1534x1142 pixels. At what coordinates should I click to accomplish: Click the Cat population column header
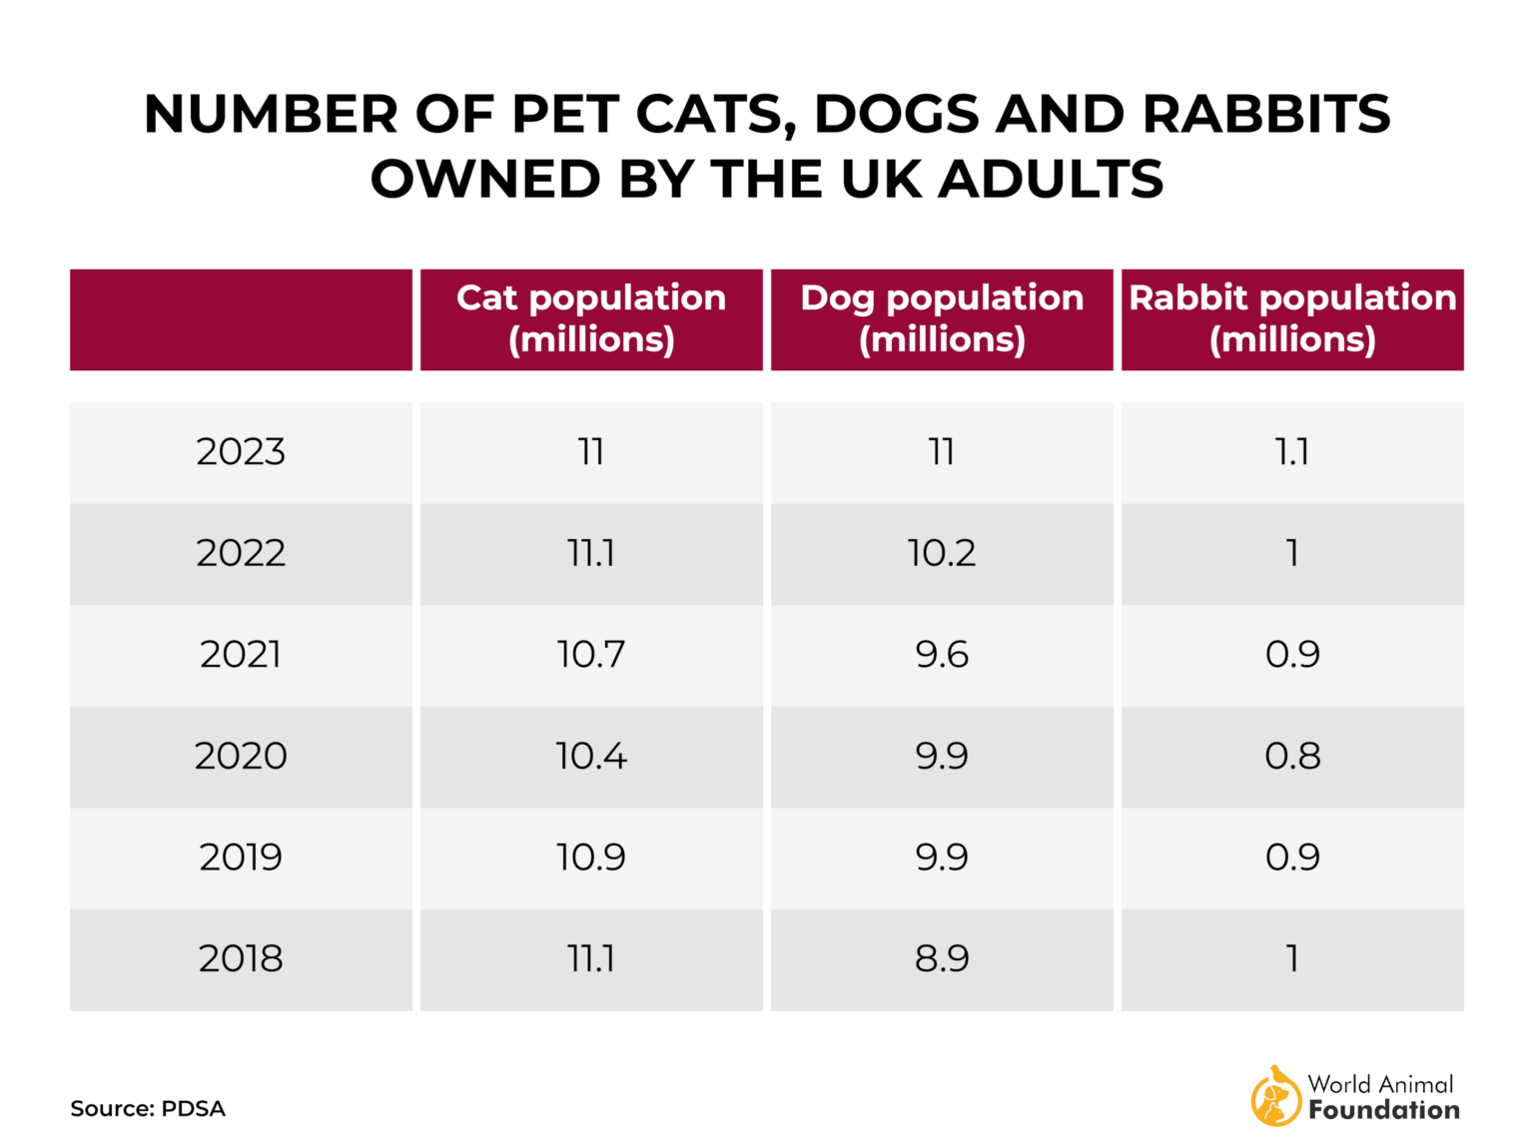(x=591, y=318)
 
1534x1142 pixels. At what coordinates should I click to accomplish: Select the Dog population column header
(x=942, y=318)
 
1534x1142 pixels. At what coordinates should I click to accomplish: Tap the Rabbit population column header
(x=1292, y=318)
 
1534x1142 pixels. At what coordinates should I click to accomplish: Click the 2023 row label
(x=241, y=452)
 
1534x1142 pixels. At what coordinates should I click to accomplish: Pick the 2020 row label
(x=241, y=757)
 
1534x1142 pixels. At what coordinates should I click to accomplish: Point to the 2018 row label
(x=241, y=959)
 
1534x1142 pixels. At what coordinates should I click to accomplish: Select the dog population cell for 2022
(x=942, y=554)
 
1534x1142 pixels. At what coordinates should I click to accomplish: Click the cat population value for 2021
(x=591, y=655)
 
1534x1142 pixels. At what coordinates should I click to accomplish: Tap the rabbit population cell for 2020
(x=1292, y=757)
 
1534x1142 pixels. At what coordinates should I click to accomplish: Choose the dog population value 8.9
(x=942, y=959)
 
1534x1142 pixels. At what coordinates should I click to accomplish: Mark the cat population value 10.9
(x=591, y=857)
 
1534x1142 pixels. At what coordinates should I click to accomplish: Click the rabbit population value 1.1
(x=1292, y=452)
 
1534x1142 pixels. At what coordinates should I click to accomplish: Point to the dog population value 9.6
(x=942, y=655)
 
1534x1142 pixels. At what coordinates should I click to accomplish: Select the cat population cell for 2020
(x=591, y=757)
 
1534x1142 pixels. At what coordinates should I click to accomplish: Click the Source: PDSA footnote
(x=148, y=1109)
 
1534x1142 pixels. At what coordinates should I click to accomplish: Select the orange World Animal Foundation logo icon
(x=1275, y=1096)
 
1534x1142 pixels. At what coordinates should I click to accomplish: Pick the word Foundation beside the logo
(x=1384, y=1110)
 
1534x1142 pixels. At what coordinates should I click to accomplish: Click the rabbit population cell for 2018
(x=1292, y=959)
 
